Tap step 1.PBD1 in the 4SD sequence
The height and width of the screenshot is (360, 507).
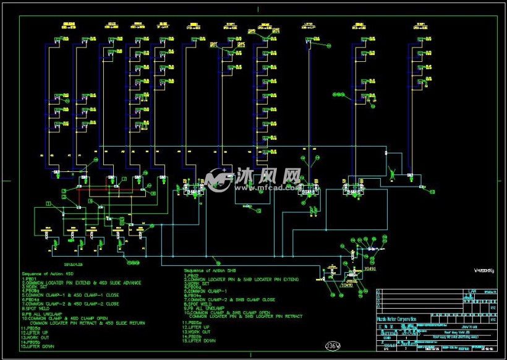tap(29, 278)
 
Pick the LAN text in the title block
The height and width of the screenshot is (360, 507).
tap(472, 290)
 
